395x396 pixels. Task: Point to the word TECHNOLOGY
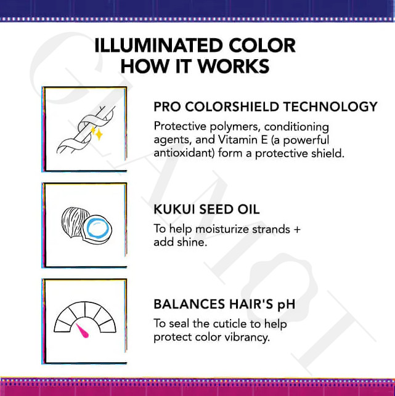tap(330, 107)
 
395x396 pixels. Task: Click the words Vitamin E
tap(243, 140)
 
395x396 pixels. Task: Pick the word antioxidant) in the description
tap(184, 153)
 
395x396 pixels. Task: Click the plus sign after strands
tap(297, 230)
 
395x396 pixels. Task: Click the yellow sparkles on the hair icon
tap(97, 132)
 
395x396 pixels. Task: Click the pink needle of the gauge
tap(83, 331)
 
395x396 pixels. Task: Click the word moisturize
tap(222, 229)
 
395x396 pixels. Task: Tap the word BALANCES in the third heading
tap(189, 304)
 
